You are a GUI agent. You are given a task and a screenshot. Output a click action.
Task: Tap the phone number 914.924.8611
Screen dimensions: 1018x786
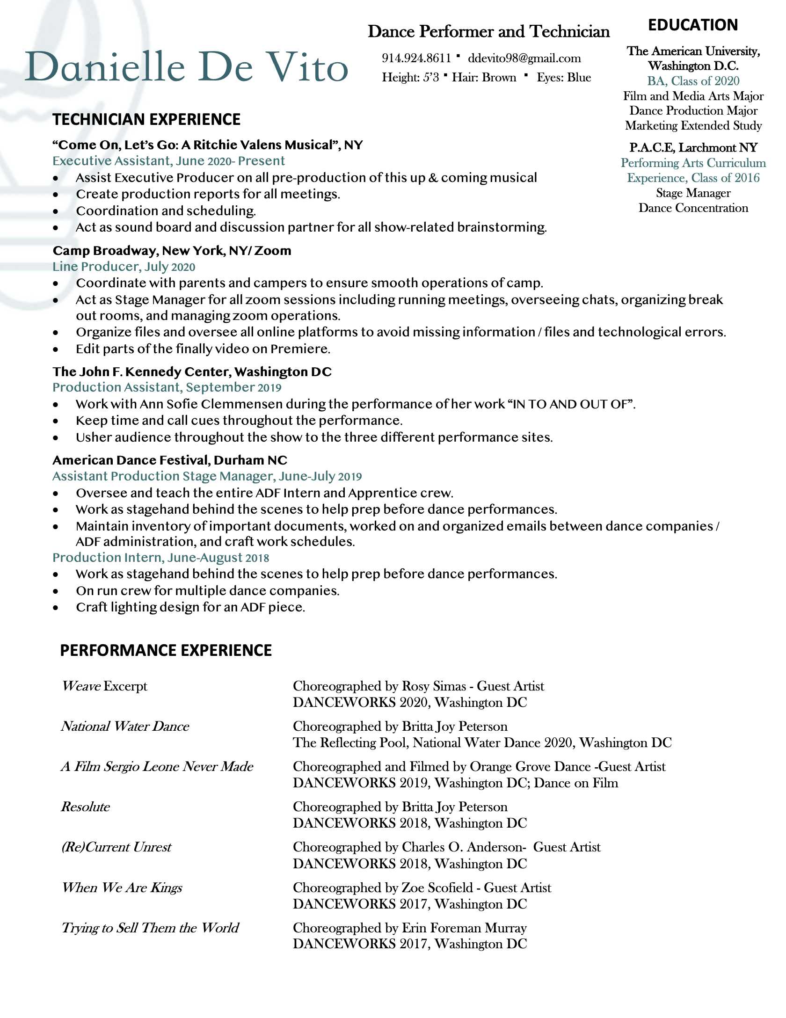416,58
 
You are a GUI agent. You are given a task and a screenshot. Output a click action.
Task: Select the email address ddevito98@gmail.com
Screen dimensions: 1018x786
524,58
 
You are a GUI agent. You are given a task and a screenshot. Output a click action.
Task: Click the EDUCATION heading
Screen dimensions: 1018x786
692,25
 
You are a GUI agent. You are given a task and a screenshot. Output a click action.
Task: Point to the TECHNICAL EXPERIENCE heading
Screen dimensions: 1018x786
146,119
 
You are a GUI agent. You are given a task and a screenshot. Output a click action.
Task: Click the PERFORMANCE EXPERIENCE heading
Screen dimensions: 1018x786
166,650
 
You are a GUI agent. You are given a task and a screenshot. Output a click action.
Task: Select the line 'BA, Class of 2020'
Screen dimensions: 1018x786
693,81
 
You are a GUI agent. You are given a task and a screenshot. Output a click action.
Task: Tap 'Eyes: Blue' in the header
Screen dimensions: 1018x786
564,77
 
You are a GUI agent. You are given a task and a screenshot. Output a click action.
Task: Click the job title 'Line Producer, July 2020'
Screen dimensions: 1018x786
124,267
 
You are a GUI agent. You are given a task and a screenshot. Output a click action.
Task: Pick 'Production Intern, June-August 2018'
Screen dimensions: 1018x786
160,558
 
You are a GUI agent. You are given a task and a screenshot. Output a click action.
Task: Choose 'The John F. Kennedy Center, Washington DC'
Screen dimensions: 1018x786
192,371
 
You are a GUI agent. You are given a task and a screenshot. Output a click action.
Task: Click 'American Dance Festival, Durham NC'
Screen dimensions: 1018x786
169,460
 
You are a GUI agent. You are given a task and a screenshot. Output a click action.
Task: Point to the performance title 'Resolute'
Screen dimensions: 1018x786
86,807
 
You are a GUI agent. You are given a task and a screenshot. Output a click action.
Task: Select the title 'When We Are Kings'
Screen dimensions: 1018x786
122,887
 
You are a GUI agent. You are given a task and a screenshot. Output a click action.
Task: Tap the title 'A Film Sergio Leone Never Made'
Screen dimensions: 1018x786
157,766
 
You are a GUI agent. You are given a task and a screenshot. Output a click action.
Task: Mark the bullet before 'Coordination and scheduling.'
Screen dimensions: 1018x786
56,211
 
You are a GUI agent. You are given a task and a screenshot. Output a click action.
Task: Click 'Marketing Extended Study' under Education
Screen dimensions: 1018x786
693,125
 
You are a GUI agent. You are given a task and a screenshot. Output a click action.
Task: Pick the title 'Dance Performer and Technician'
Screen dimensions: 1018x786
488,31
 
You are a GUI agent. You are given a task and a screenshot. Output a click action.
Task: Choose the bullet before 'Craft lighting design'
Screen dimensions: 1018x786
56,608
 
